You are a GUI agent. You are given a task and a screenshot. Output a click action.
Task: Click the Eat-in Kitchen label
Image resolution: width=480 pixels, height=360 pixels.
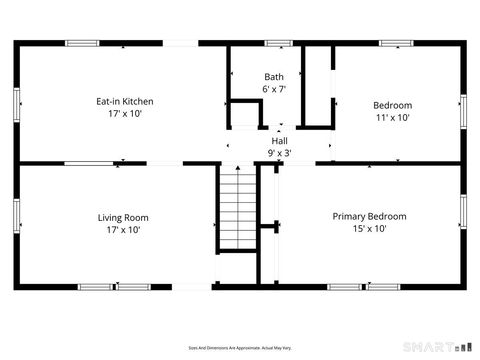[124, 101]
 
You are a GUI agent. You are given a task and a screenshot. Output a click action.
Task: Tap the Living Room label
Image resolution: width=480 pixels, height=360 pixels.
[123, 217]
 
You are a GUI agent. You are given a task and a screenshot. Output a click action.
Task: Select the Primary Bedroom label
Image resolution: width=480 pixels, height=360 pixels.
[369, 216]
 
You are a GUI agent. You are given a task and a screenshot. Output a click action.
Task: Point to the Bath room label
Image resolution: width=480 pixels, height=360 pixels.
[273, 77]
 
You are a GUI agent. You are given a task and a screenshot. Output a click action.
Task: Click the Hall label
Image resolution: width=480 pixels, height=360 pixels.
[279, 141]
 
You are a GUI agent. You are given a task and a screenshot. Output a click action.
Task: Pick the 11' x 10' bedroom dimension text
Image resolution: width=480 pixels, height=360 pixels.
[392, 117]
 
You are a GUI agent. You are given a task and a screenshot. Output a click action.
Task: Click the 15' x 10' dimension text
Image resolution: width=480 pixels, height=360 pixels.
[369, 229]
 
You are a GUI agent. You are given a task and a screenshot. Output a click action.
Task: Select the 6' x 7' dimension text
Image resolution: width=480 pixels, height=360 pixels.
[274, 89]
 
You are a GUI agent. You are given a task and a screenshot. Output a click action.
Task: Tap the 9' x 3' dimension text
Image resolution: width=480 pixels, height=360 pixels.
[279, 153]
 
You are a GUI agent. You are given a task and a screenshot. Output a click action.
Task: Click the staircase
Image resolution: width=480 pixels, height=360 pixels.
[238, 209]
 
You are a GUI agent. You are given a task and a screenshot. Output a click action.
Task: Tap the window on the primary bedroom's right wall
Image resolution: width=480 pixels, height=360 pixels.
[463, 213]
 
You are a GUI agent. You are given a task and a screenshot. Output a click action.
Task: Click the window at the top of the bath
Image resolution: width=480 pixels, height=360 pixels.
[278, 43]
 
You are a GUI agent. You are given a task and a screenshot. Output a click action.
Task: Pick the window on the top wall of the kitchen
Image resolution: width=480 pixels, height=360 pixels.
[82, 43]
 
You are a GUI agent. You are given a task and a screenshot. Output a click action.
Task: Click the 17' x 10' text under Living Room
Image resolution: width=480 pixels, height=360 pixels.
[123, 230]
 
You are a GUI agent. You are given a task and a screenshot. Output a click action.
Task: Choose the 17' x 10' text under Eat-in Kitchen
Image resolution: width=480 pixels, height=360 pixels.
[124, 114]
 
